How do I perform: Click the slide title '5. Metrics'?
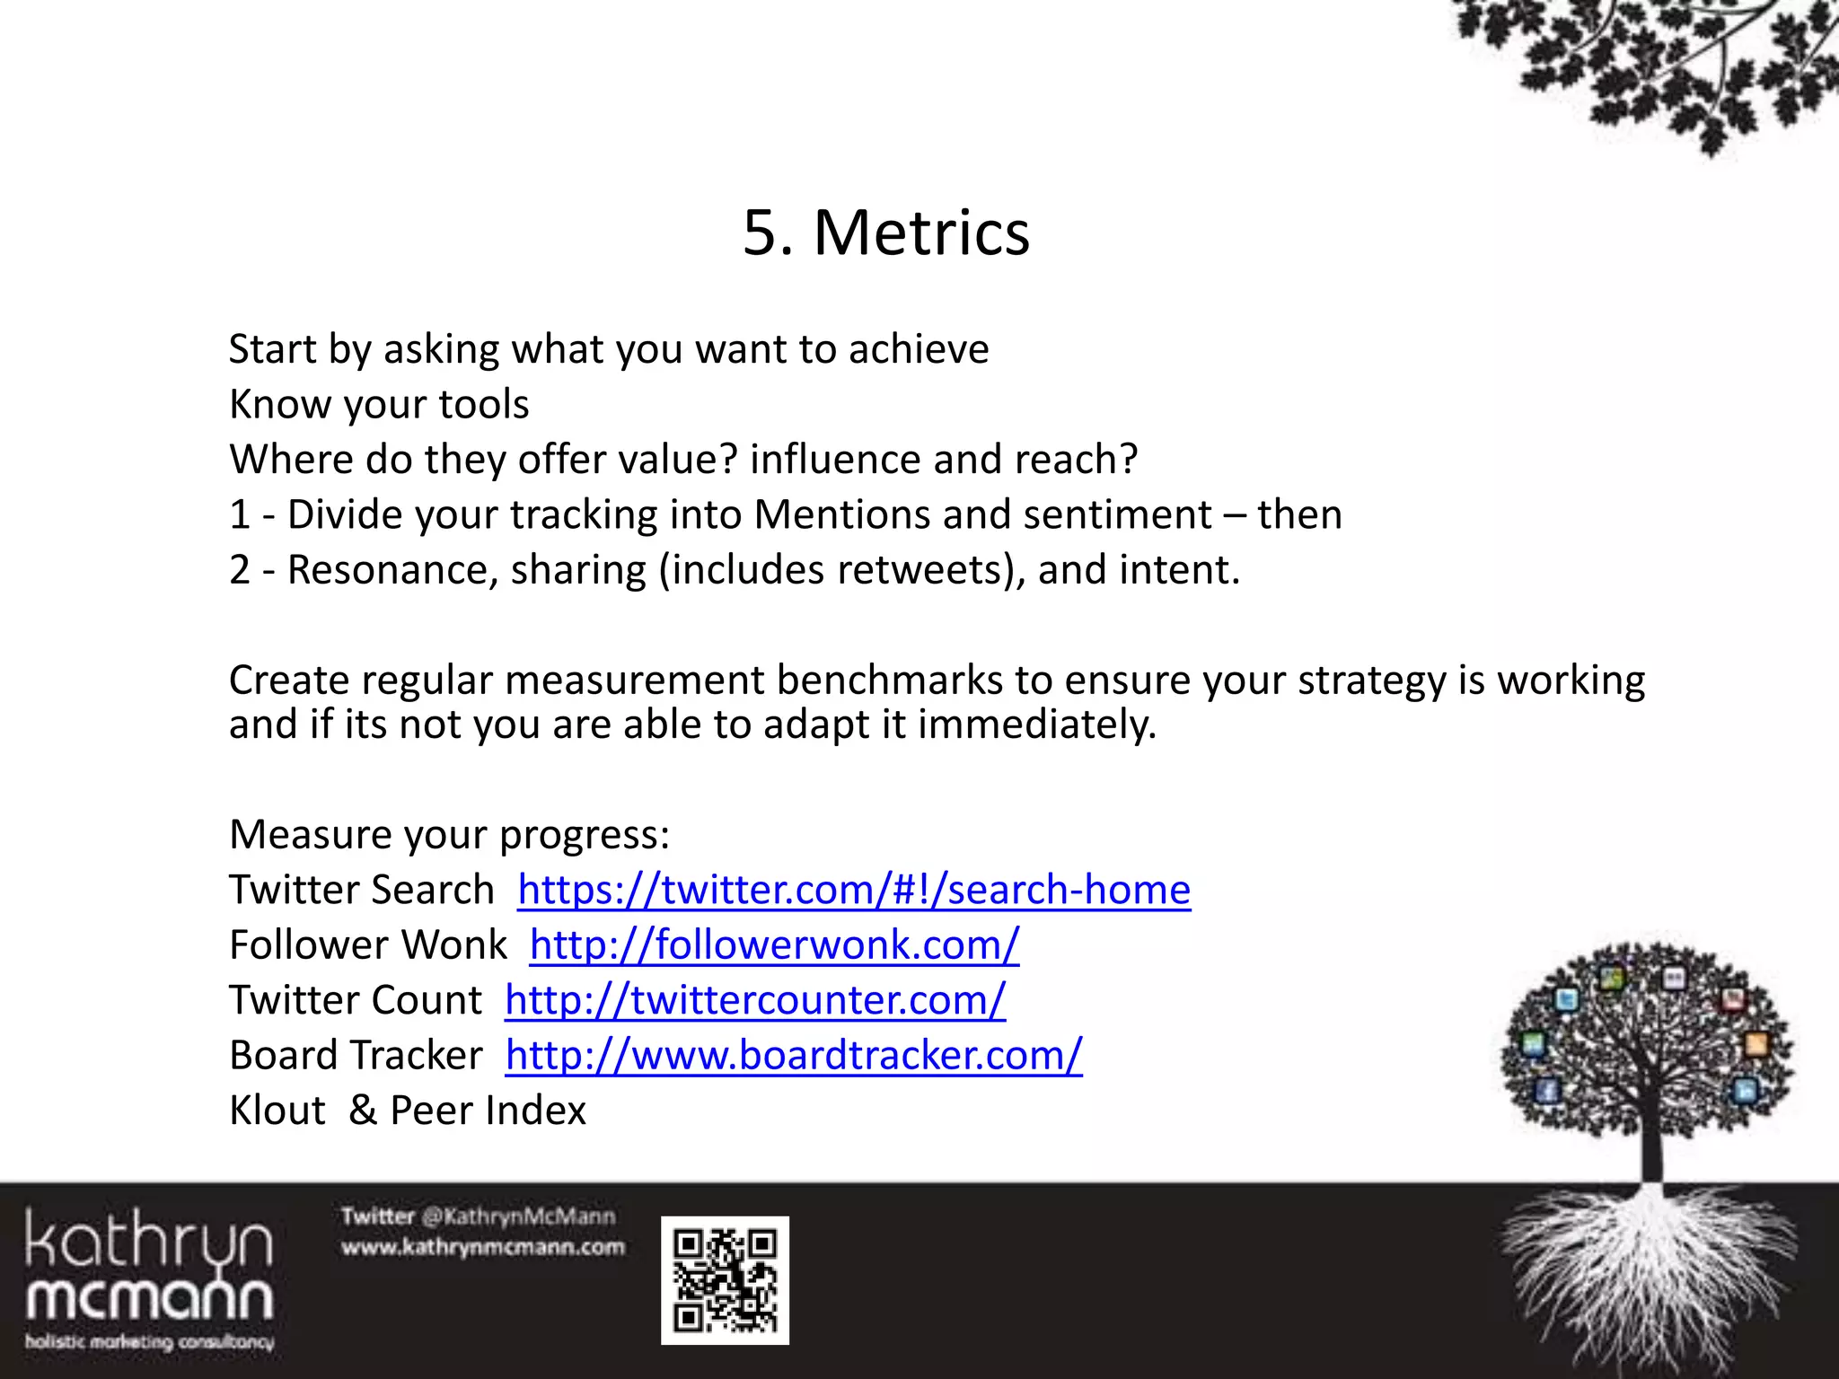coord(886,233)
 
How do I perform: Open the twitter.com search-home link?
coord(854,891)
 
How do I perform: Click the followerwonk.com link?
coord(774,945)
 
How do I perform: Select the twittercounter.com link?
coord(755,1001)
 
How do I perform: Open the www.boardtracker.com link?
coord(794,1056)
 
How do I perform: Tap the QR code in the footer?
coord(725,1280)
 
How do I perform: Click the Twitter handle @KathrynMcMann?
coord(518,1217)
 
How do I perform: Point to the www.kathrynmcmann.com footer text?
coord(482,1248)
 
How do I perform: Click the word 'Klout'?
coord(277,1111)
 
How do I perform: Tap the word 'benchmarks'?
coord(889,681)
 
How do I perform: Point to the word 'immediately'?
coord(1034,725)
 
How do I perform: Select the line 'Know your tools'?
coord(379,405)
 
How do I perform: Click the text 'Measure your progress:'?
coord(449,835)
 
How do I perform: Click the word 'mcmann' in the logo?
coord(149,1299)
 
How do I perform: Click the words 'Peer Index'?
coord(488,1111)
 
